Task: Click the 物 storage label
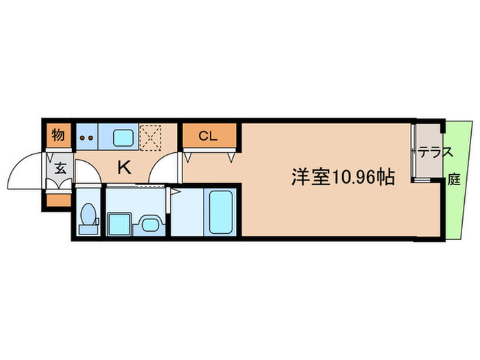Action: [x=58, y=135]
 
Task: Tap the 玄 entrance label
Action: [x=60, y=168]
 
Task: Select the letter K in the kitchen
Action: [x=124, y=167]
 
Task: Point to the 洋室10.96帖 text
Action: [x=342, y=178]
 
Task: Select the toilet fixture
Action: [x=87, y=216]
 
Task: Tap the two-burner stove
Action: [x=86, y=136]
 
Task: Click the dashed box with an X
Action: [x=149, y=135]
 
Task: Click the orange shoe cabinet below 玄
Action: [x=58, y=201]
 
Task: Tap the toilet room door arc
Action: [x=87, y=171]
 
